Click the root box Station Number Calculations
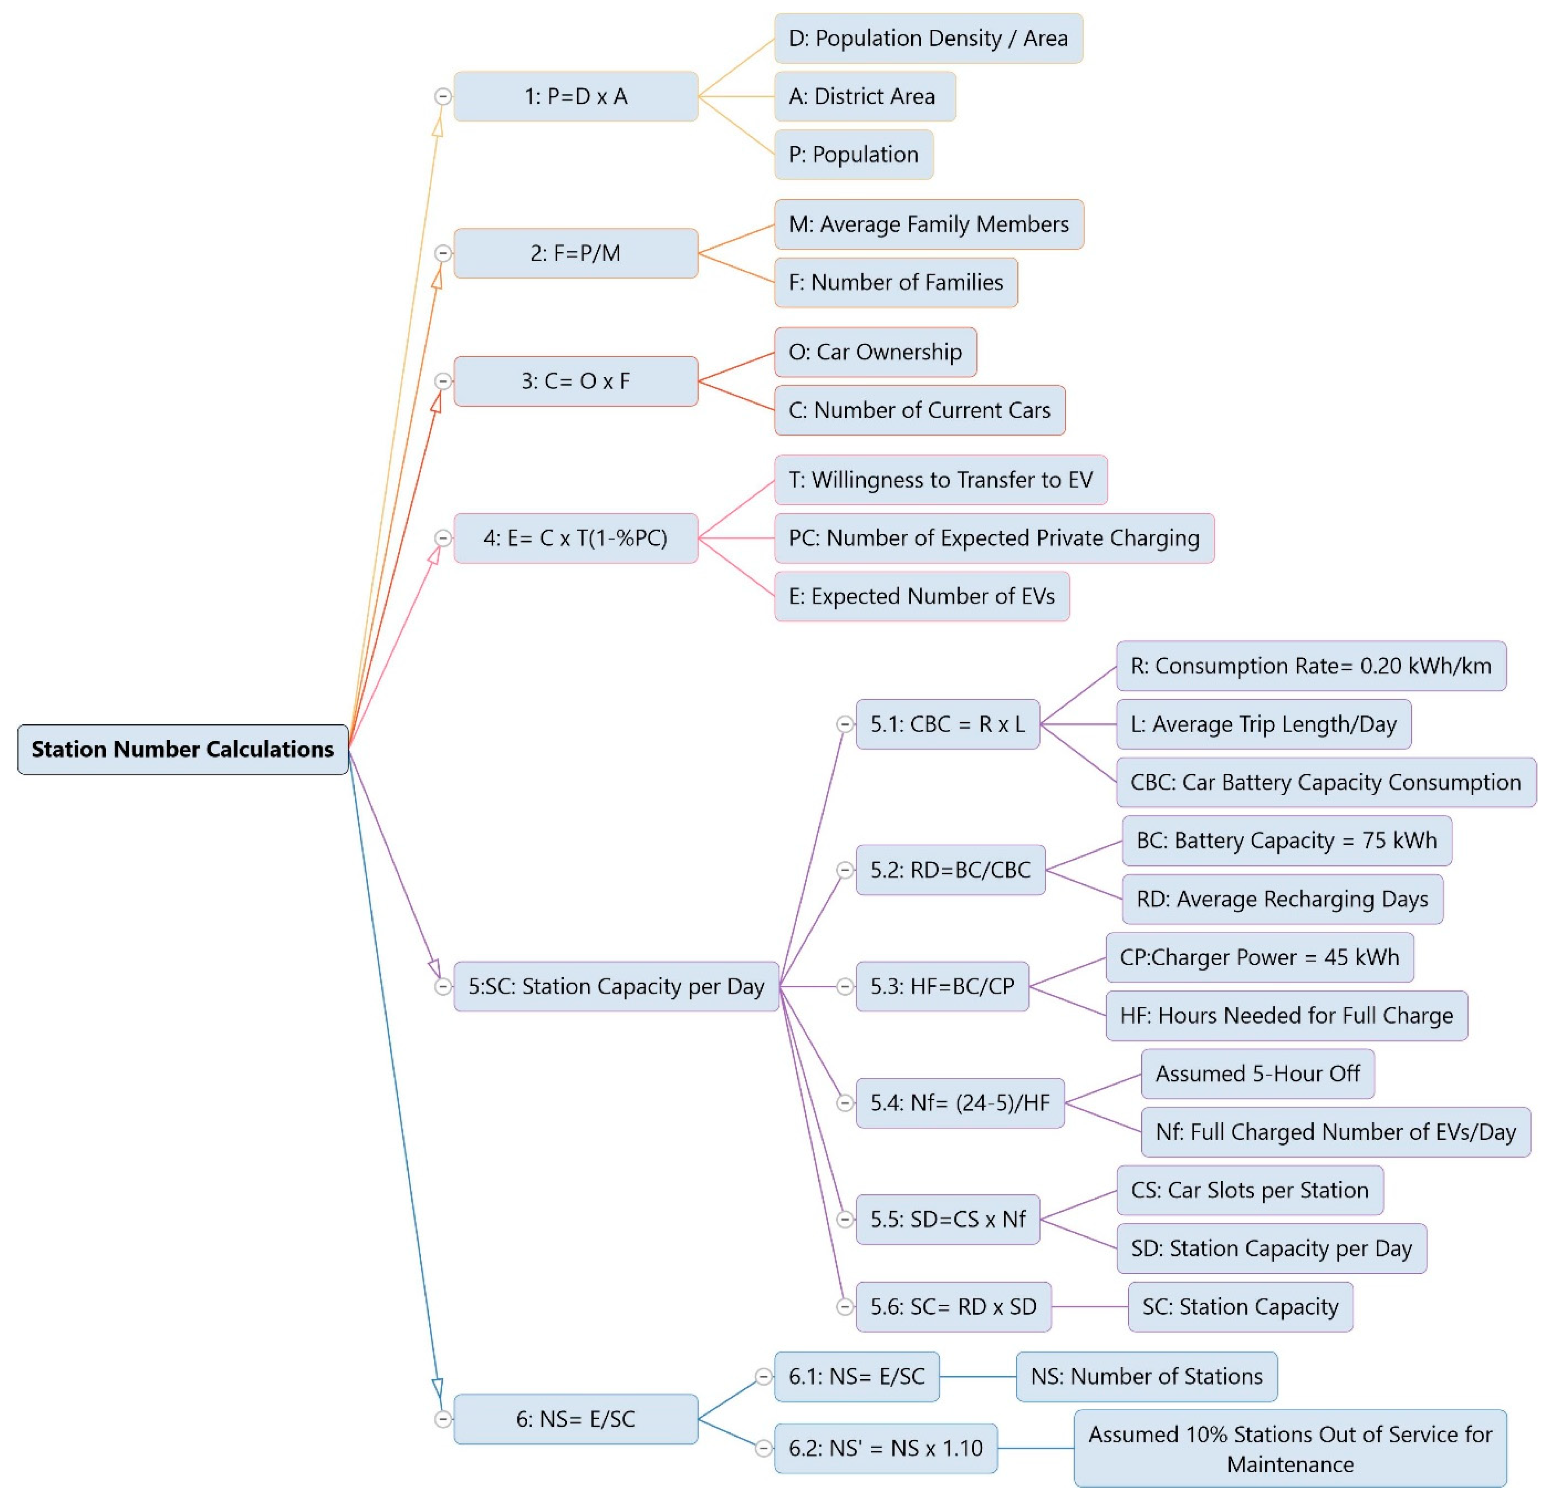[182, 749]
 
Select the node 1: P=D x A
[576, 96]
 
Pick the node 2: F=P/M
[576, 253]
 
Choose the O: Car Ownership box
[875, 352]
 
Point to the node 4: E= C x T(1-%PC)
[576, 538]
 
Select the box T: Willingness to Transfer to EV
[940, 480]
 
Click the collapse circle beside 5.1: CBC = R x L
[845, 724]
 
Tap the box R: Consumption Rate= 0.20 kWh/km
[1311, 666]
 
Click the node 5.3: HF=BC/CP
[942, 986]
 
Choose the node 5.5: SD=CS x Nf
[947, 1219]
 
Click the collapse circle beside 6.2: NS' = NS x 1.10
[764, 1448]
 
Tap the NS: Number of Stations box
[1146, 1376]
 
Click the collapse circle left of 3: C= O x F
[443, 381]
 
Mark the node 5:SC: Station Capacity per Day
[616, 986]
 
